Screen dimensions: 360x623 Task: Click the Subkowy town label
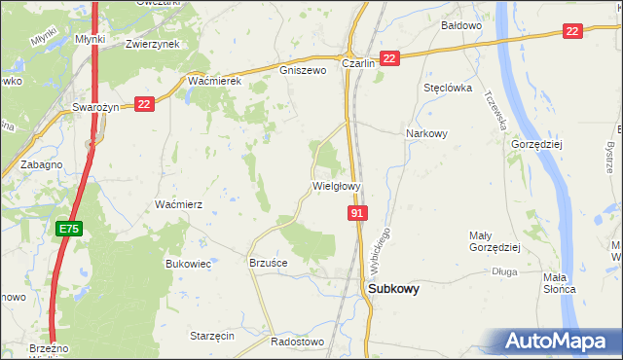coord(393,288)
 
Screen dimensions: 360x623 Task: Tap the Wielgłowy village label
coord(337,185)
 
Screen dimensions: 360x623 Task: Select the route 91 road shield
coord(357,213)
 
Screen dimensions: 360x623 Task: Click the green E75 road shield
coord(68,229)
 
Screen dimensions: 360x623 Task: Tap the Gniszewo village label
coord(301,71)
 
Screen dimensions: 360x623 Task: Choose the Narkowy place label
coord(425,134)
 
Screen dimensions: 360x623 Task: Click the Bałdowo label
coord(461,25)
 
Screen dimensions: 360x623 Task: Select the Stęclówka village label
coord(448,87)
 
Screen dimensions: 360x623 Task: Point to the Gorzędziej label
coord(536,143)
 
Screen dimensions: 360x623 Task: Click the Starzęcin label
coord(212,335)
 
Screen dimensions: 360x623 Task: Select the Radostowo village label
coord(296,342)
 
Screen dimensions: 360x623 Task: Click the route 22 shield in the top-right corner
coord(572,32)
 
